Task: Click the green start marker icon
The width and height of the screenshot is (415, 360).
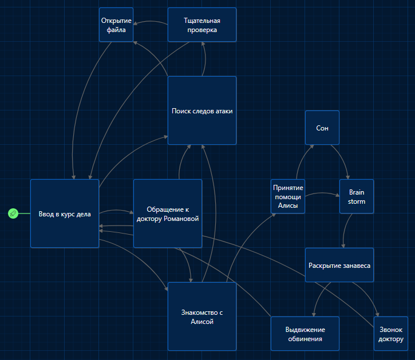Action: [x=13, y=213]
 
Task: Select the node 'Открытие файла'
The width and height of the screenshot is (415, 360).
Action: [x=116, y=25]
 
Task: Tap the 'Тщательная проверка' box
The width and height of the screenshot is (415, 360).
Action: [x=202, y=25]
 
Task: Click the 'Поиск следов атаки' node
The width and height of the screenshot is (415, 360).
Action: [x=202, y=110]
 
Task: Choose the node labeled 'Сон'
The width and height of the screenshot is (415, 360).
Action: [x=322, y=128]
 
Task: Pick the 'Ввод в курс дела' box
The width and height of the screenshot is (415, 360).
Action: [x=65, y=213]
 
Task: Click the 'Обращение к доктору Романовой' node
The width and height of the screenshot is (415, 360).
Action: [x=168, y=213]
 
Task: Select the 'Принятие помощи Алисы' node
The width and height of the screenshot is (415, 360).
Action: [x=288, y=196]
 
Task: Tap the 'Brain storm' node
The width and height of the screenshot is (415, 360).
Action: [x=357, y=196]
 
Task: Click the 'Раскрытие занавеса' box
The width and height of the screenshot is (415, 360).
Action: [x=339, y=265]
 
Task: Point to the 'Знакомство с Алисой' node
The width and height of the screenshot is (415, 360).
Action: [x=202, y=317]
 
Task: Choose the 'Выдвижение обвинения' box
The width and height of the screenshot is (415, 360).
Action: [x=305, y=334]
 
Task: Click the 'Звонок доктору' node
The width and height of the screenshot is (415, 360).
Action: [x=391, y=334]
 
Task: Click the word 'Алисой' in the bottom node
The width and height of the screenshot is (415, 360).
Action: [x=202, y=322]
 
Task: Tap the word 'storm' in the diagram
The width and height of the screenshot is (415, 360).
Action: [x=357, y=201]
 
